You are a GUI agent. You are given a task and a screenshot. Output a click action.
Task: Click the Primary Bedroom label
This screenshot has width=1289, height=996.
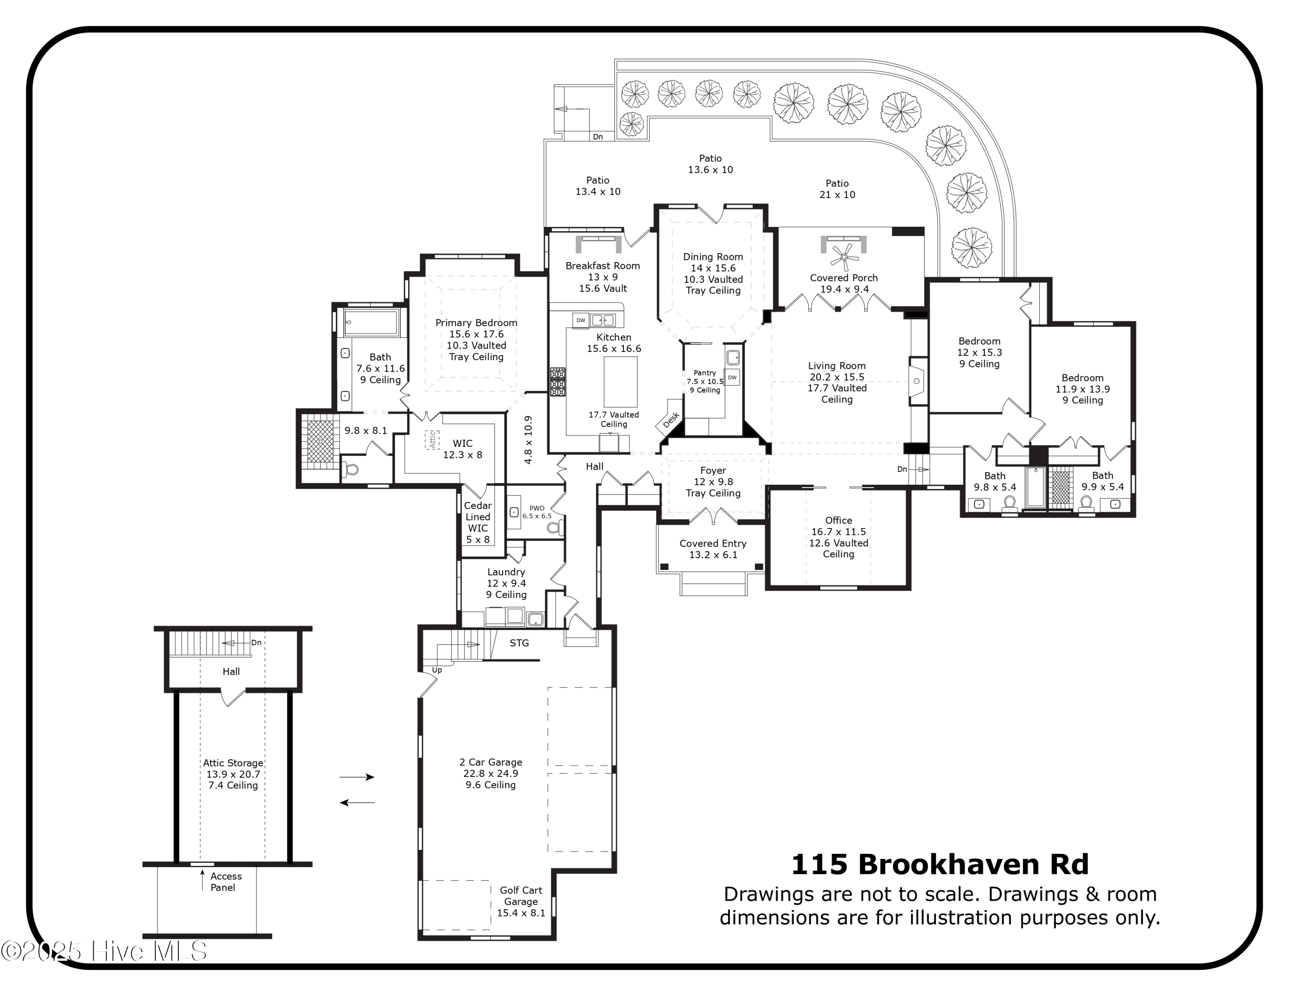click(x=477, y=323)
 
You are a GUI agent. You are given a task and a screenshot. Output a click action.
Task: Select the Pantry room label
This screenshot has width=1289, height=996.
click(x=705, y=373)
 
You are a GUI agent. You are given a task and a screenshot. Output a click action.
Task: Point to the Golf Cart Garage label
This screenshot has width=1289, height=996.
click(x=521, y=896)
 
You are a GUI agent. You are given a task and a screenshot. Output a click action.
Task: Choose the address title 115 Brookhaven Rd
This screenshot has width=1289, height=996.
click(x=940, y=865)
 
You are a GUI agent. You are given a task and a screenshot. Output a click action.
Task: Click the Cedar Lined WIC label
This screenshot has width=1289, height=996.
click(x=478, y=517)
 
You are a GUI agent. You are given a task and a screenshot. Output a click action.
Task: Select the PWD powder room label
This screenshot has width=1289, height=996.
click(x=537, y=508)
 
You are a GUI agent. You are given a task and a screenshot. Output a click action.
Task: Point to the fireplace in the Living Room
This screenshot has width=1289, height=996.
click(x=918, y=381)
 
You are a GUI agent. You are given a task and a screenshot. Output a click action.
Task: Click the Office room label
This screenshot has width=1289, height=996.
click(x=839, y=520)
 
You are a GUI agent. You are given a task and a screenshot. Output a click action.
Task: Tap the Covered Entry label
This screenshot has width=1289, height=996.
click(x=713, y=544)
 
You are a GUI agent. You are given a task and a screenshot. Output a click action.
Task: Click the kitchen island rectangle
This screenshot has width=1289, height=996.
click(x=621, y=382)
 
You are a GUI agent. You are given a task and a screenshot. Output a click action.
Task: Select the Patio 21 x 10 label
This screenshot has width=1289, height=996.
click(x=837, y=189)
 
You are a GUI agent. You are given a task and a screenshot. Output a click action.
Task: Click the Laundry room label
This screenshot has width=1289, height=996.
click(x=507, y=572)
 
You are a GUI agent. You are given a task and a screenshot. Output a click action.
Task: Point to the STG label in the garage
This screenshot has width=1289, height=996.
click(x=519, y=643)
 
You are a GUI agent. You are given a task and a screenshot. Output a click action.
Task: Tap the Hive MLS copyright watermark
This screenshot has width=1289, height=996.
click(x=104, y=951)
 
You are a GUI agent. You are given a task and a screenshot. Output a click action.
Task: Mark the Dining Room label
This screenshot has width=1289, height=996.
click(x=713, y=257)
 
